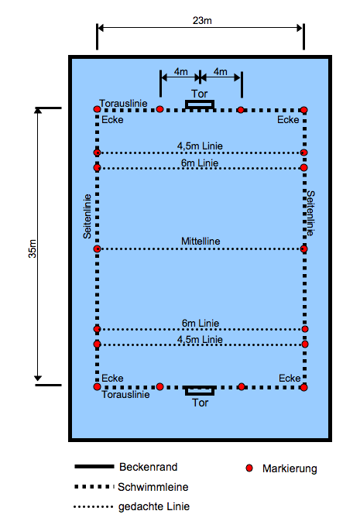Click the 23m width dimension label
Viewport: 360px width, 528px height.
(202, 21)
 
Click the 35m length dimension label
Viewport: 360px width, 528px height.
(33, 249)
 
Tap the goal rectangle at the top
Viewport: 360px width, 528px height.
(200, 105)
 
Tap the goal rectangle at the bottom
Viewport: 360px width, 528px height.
(200, 391)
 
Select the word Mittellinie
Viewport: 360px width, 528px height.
(201, 241)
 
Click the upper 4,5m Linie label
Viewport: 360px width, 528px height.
(200, 146)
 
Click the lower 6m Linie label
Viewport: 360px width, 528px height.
(201, 324)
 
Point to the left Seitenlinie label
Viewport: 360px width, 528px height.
(87, 216)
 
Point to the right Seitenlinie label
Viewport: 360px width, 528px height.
(310, 213)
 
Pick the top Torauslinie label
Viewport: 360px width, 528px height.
(123, 104)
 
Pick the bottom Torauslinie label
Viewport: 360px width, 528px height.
(125, 394)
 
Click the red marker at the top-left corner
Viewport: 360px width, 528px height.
(97, 109)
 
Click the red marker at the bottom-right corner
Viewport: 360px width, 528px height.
(303, 387)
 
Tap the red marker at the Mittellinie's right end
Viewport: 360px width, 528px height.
(303, 249)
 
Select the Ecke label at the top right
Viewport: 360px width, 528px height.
(288, 120)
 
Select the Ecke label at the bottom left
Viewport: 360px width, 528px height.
(112, 378)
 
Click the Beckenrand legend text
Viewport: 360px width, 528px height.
(148, 467)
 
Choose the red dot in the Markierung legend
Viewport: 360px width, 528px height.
(249, 468)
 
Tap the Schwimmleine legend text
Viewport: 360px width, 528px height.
(153, 487)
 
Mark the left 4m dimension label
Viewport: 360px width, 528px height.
(181, 72)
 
